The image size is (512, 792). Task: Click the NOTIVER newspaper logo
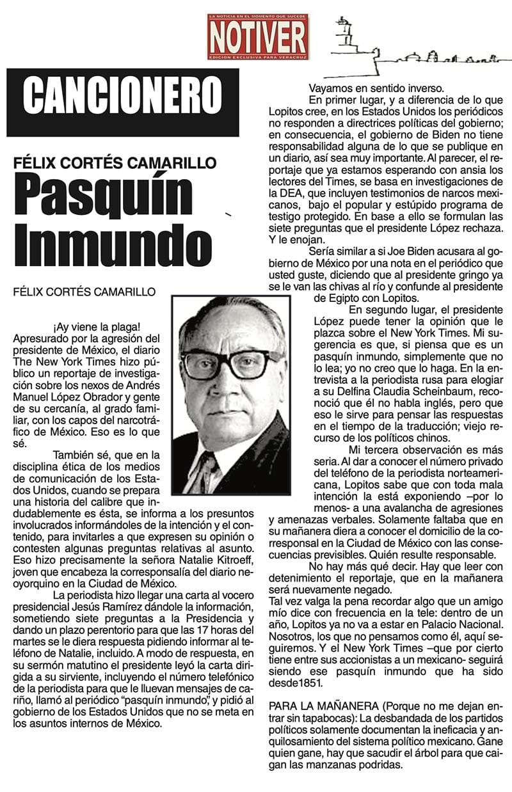click(x=257, y=36)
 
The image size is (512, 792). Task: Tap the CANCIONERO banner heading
click(x=122, y=102)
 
